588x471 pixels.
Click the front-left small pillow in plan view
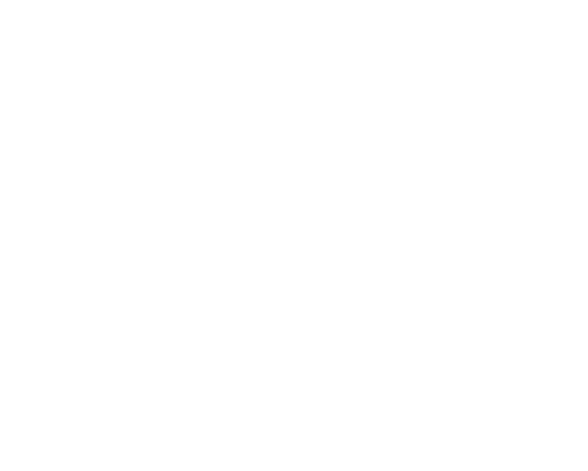click(x=85, y=214)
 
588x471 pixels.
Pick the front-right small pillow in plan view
click(x=144, y=214)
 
